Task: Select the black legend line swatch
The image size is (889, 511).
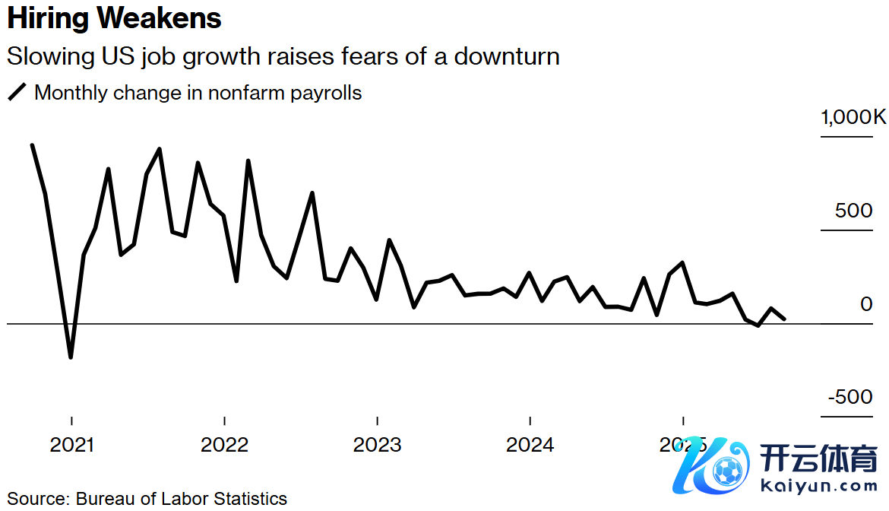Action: [17, 93]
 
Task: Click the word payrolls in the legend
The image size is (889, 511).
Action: [327, 94]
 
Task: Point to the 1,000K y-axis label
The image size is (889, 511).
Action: [853, 118]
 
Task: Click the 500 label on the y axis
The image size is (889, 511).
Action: [854, 211]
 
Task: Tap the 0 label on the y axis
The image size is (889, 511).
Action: [866, 304]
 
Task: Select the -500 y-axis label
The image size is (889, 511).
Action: [849, 398]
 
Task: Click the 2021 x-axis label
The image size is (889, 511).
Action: [71, 445]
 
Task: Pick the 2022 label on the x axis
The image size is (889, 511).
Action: [224, 445]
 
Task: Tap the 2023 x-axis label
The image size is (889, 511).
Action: [378, 445]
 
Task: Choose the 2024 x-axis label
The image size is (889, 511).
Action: [530, 445]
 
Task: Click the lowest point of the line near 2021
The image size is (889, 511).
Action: [71, 357]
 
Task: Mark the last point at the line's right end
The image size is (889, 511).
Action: [784, 319]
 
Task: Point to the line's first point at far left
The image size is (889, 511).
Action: [32, 145]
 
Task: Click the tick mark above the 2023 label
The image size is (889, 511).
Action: [378, 421]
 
